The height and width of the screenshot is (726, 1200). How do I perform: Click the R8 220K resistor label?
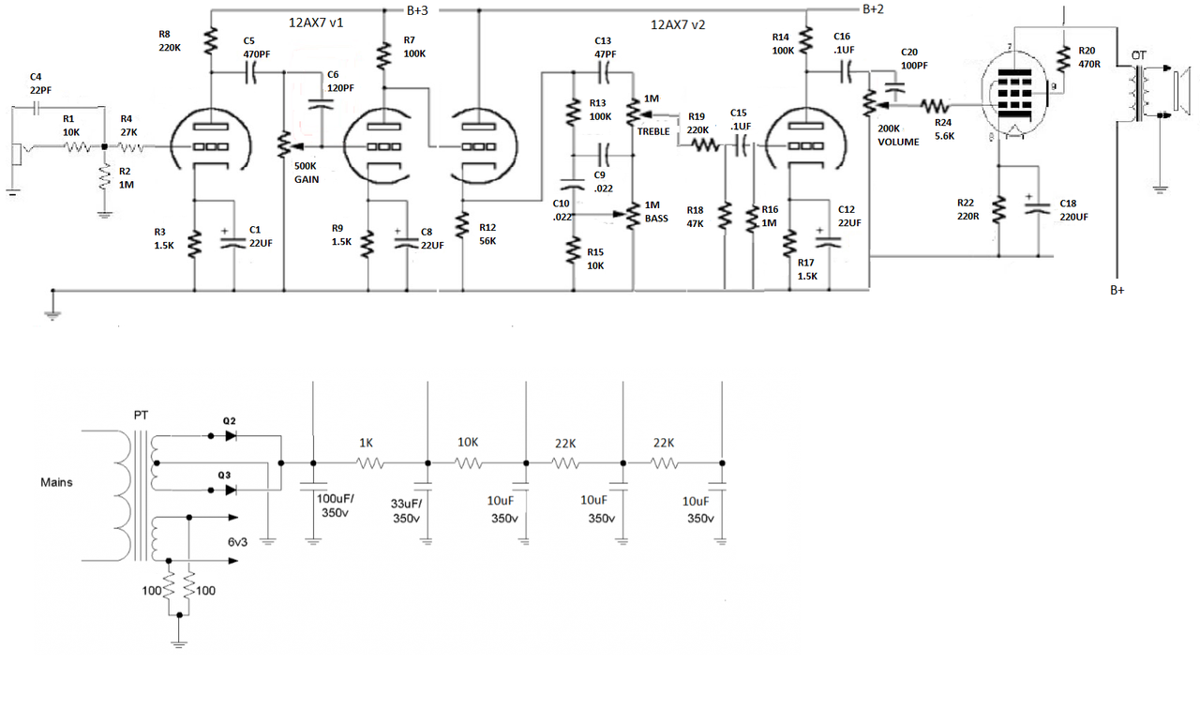click(171, 40)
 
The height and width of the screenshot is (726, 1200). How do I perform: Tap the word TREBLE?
click(653, 131)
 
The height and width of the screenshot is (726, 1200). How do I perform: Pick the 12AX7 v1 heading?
click(316, 23)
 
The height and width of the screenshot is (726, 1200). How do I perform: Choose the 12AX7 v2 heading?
click(678, 25)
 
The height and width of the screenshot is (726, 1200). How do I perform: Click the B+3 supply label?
click(419, 11)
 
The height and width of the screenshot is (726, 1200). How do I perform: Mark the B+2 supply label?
click(873, 9)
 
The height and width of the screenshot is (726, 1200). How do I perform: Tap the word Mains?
click(56, 483)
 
